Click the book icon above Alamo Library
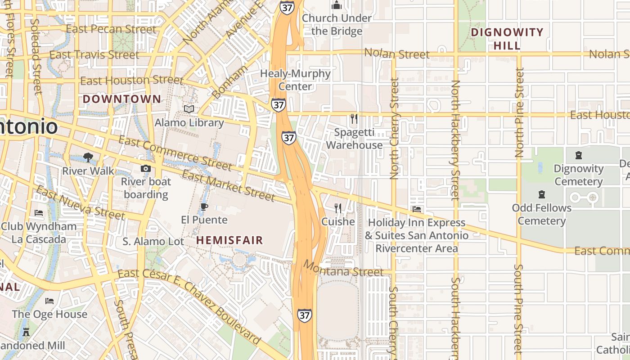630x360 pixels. [189, 109]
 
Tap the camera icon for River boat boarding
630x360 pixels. [145, 169]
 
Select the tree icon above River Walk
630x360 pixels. [88, 157]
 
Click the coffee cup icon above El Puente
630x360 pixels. [204, 207]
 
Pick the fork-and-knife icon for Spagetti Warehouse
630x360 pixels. [354, 119]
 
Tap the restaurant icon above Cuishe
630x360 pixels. [338, 208]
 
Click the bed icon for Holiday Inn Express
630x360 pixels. [417, 209]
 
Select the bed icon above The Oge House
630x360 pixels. [49, 301]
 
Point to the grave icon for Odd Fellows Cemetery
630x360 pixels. [541, 194]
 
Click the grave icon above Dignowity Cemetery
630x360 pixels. [578, 156]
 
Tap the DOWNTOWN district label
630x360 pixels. [121, 99]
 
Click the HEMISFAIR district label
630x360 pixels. [229, 240]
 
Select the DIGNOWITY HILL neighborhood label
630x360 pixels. [507, 39]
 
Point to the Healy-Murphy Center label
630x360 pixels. [296, 80]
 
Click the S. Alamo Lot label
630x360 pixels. [153, 242]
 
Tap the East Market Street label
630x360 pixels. [228, 186]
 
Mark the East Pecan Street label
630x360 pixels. [111, 29]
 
